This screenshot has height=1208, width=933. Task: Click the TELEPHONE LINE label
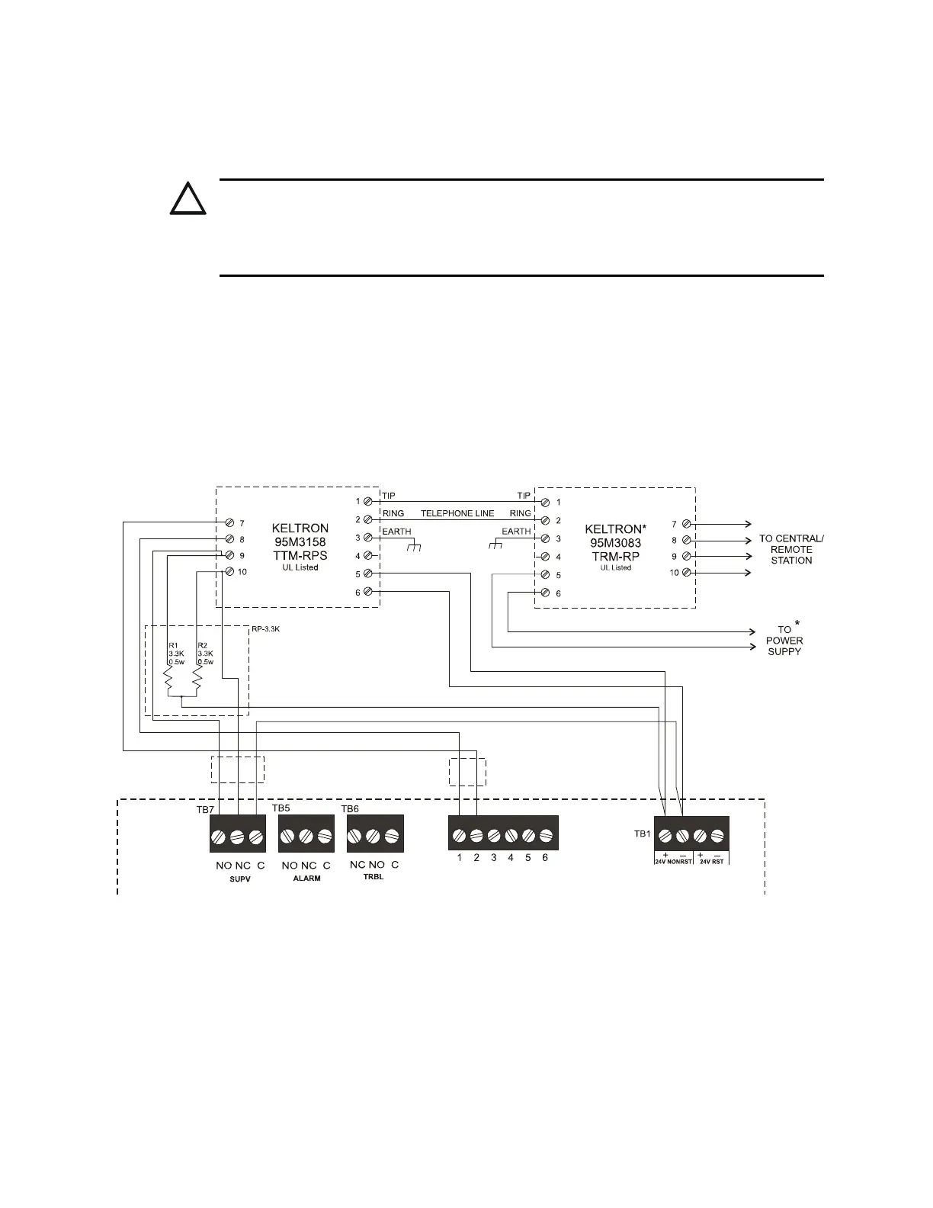[457, 513]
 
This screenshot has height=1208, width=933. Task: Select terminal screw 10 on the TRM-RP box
[687, 572]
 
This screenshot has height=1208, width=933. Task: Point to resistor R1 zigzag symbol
[170, 679]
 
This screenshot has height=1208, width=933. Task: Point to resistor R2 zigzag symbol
[197, 679]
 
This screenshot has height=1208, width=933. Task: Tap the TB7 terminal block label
[206, 808]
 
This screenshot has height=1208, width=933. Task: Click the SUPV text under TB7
[240, 879]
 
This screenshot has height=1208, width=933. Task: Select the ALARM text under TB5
[306, 879]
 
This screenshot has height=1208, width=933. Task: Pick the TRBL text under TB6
[374, 878]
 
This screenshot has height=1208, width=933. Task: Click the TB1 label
[643, 834]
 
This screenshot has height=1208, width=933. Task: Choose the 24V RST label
[711, 861]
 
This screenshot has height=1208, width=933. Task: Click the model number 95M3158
[300, 542]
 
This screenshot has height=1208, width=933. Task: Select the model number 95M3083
[613, 542]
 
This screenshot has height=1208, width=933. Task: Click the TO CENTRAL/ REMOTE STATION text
[791, 549]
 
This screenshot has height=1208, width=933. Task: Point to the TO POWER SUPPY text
[784, 641]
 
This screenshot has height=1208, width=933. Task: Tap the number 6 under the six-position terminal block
[545, 858]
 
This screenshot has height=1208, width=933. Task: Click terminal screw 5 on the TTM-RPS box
[368, 573]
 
